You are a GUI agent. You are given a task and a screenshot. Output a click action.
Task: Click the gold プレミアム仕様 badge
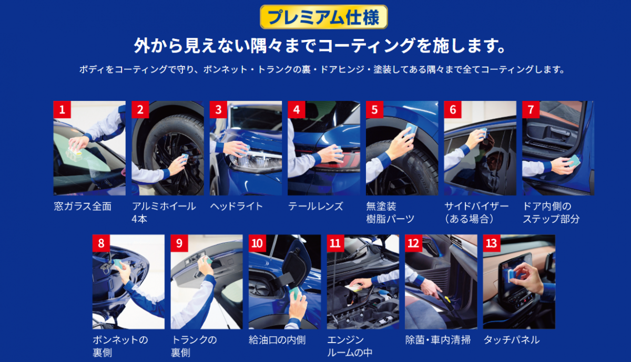pos(324,17)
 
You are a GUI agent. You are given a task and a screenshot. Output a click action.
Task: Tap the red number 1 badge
pos(62,109)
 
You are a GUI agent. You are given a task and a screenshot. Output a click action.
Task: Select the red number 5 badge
pos(374,109)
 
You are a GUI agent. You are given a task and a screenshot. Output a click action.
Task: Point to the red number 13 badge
pos(492,243)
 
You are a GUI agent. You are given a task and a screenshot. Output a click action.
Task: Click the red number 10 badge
pos(257,243)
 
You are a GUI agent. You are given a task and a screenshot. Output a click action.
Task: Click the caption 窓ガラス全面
pos(83,206)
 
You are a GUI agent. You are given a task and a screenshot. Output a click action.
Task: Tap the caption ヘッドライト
pos(236,206)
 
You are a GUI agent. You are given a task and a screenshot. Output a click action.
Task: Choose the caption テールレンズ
pos(315,206)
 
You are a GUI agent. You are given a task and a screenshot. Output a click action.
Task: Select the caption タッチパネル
pos(512,340)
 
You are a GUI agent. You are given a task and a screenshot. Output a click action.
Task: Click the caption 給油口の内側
pos(277,340)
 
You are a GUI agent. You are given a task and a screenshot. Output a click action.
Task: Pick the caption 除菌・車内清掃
pos(438,340)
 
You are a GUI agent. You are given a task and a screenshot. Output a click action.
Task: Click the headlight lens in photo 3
pos(255,162)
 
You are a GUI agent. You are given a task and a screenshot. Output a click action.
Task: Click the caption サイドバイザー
pos(476,206)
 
